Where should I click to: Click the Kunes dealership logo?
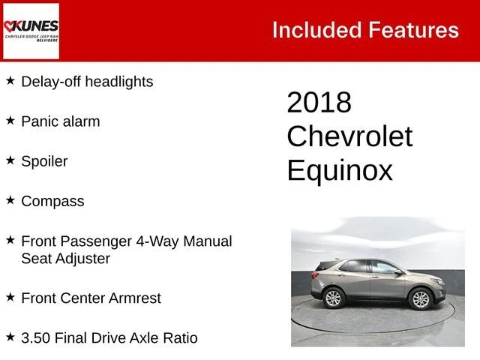point(31,31)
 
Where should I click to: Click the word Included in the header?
point(317,30)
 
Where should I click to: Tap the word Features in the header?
point(413,30)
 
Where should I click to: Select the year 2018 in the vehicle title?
point(319,102)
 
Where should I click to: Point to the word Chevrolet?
point(349,136)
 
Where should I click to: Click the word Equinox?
point(340,170)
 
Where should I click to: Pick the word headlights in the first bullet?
point(119,82)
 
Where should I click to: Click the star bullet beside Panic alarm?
point(10,121)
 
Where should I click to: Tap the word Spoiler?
point(44,161)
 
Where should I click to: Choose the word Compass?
point(52,202)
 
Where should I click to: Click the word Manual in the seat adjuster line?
point(208,241)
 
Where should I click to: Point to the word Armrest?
point(135,298)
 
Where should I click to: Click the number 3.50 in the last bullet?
point(35,338)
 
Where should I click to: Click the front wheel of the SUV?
point(421,298)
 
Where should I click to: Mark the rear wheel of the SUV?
point(333,298)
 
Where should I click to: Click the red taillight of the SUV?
point(315,275)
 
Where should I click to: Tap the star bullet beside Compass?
point(10,200)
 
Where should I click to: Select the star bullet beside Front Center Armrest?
point(10,297)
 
